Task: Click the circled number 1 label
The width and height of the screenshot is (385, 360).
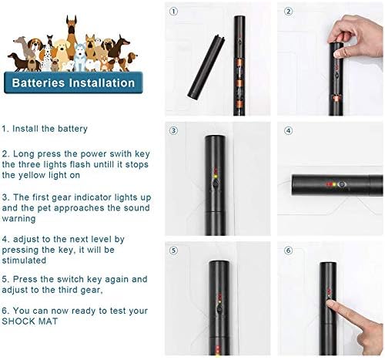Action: (173, 12)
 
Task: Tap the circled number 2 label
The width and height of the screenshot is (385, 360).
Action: (288, 12)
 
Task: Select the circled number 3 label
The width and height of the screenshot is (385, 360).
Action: (173, 130)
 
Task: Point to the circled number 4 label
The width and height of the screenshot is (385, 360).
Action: (288, 130)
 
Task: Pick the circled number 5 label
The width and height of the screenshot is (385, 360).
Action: (173, 251)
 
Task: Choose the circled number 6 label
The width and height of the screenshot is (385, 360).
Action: (288, 251)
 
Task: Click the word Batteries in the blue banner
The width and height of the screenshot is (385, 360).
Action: (38, 83)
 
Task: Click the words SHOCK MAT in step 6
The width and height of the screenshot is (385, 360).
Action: (30, 321)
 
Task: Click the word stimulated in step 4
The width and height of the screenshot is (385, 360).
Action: (24, 261)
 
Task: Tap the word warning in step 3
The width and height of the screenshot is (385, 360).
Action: (18, 219)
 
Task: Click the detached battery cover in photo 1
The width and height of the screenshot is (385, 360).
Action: (206, 67)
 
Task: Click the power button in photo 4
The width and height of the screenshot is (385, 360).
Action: (342, 184)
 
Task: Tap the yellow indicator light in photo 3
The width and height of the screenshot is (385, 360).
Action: (216, 177)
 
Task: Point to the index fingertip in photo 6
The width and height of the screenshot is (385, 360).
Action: (330, 304)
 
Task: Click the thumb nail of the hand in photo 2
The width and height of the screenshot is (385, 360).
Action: (337, 54)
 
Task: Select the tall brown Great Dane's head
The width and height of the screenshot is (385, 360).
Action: (72, 25)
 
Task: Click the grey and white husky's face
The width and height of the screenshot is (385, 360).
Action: (80, 49)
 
